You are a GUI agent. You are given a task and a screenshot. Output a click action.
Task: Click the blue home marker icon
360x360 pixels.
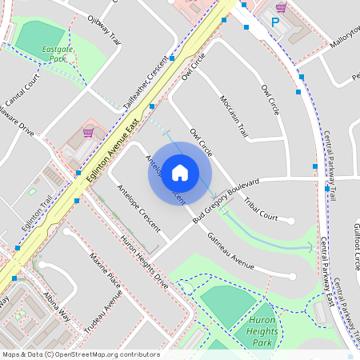[180, 172]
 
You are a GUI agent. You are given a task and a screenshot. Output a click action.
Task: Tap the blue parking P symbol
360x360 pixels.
[275, 23]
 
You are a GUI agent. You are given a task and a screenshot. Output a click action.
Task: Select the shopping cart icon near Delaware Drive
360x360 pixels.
[88, 133]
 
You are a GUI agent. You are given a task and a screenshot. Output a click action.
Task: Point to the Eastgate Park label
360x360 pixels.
[53, 54]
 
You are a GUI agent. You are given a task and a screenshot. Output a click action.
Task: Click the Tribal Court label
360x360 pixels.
[261, 208]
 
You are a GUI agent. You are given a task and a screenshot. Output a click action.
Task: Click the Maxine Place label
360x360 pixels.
[105, 270]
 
